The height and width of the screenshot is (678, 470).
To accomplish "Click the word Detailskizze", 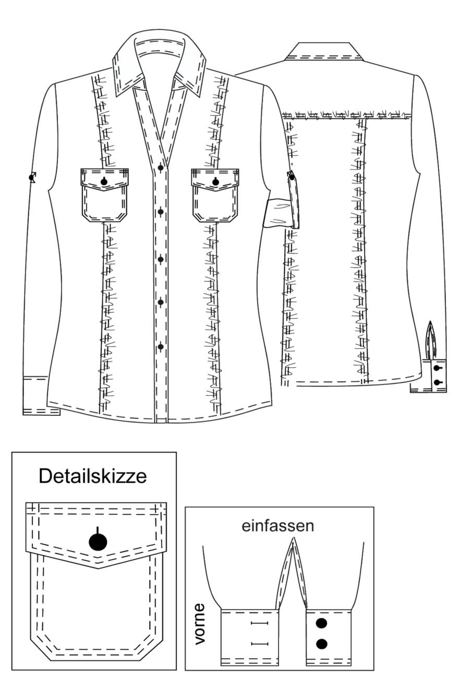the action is click(93, 476).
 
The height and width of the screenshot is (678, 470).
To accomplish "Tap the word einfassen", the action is click(278, 526).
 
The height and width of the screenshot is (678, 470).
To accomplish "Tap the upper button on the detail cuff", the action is click(321, 623).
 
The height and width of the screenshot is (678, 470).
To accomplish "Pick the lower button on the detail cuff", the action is click(321, 644).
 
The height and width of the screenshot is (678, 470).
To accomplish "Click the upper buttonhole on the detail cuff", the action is click(260, 623).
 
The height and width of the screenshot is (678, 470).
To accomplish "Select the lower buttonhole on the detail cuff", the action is click(260, 644).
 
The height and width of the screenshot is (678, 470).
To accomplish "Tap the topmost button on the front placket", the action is click(161, 168).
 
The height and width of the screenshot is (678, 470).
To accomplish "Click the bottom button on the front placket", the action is click(161, 347).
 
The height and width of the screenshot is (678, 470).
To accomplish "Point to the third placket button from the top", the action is click(161, 259).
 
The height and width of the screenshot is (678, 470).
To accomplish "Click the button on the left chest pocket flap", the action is click(104, 181).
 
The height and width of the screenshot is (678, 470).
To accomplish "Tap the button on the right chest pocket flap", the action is click(215, 182).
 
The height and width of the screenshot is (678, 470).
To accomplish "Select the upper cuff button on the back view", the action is click(437, 368).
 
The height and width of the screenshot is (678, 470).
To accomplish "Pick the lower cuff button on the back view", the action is click(437, 383).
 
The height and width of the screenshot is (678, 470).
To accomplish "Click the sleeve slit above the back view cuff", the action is click(430, 340).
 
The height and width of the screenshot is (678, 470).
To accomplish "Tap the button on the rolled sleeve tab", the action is click(292, 177).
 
